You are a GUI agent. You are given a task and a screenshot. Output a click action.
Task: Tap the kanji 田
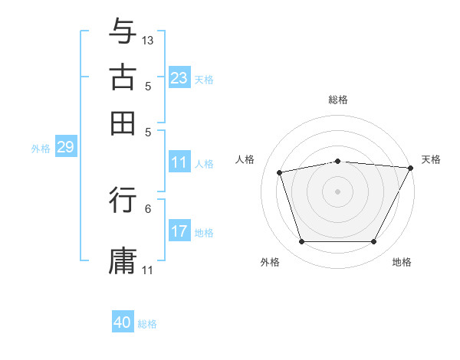click(x=123, y=123)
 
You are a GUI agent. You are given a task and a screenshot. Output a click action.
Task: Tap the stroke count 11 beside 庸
click(x=148, y=270)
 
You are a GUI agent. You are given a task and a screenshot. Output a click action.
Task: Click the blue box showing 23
click(x=179, y=78)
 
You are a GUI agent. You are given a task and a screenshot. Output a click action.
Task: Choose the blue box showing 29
click(x=65, y=148)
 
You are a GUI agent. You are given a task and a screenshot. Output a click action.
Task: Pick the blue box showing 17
click(x=179, y=231)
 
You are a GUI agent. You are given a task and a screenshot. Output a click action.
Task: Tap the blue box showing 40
click(x=123, y=322)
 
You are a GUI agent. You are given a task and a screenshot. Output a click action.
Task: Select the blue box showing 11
click(x=179, y=162)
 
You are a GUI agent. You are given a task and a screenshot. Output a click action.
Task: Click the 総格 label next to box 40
click(x=147, y=324)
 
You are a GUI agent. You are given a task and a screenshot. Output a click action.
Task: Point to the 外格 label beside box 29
click(x=41, y=149)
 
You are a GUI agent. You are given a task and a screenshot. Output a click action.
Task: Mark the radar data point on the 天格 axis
click(x=411, y=168)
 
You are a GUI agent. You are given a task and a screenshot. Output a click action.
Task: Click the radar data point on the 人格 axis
click(x=280, y=172)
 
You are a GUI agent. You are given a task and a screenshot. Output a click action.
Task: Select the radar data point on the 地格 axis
click(x=373, y=242)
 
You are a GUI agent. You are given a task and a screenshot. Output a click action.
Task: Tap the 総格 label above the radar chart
click(x=338, y=100)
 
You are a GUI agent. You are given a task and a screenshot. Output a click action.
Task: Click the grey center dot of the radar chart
click(x=338, y=191)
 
